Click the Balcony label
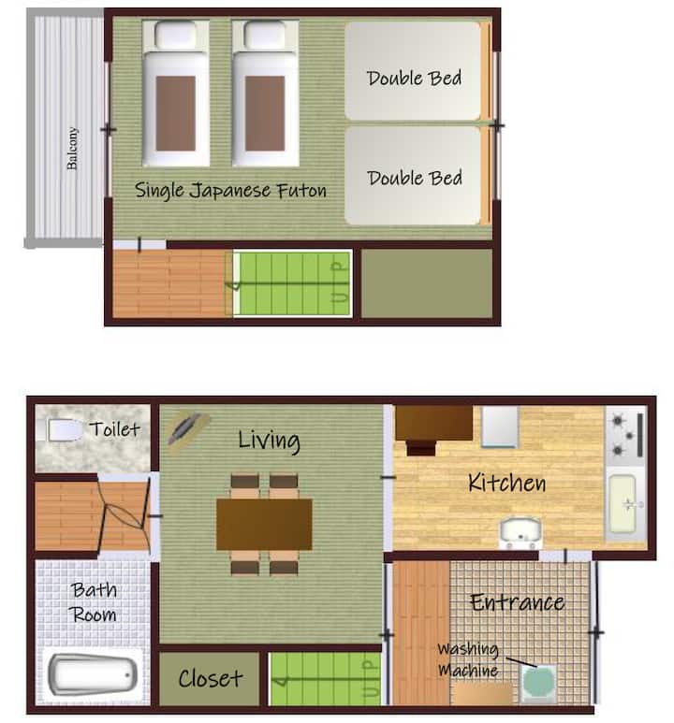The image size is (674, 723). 72,149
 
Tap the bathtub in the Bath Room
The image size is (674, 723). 93,675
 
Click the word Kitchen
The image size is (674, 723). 506,483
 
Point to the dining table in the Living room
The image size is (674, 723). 264,525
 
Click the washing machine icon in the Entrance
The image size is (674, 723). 538,683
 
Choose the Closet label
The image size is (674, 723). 211,678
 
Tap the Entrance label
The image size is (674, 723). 517,602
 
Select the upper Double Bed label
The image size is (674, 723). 414,78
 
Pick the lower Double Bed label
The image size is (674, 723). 415,178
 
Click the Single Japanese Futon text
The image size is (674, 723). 230,190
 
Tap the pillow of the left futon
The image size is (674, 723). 175,35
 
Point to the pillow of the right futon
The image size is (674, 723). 265,35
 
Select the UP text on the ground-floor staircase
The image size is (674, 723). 371,679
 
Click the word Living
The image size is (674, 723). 270,441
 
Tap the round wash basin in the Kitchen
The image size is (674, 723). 520,531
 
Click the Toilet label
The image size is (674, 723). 114,429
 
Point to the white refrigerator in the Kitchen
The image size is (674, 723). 500,427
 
